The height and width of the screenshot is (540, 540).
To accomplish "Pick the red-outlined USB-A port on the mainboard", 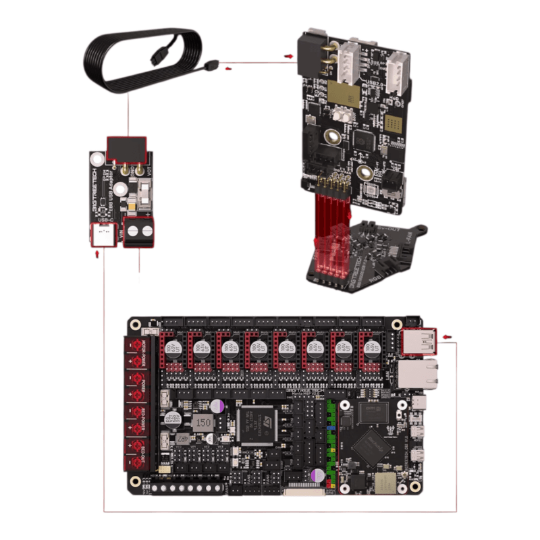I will point(418,342).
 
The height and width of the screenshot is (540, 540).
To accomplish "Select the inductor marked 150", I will point(203,423).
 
